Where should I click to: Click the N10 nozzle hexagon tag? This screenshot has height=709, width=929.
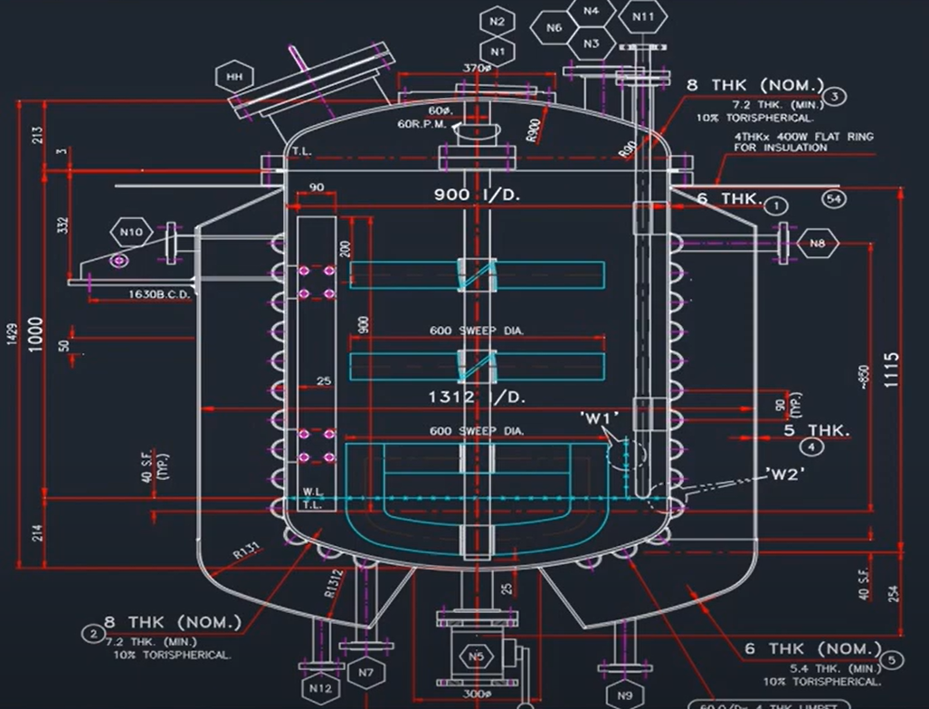click(131, 232)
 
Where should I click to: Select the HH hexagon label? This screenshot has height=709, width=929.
click(235, 77)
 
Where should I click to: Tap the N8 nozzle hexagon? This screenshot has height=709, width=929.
click(817, 242)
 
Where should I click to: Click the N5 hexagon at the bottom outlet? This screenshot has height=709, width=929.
click(476, 656)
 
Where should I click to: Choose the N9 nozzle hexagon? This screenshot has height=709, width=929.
click(626, 695)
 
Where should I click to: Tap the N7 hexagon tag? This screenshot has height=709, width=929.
click(365, 673)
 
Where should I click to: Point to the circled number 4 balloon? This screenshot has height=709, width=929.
click(813, 447)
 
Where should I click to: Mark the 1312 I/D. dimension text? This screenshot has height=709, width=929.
click(477, 397)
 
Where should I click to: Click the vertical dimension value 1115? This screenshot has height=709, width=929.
click(892, 369)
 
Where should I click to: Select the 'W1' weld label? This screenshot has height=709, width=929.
click(598, 417)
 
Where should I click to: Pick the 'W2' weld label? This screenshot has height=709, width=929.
click(784, 472)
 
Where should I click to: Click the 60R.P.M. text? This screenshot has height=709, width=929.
click(422, 125)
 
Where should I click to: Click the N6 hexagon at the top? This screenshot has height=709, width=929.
click(555, 28)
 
